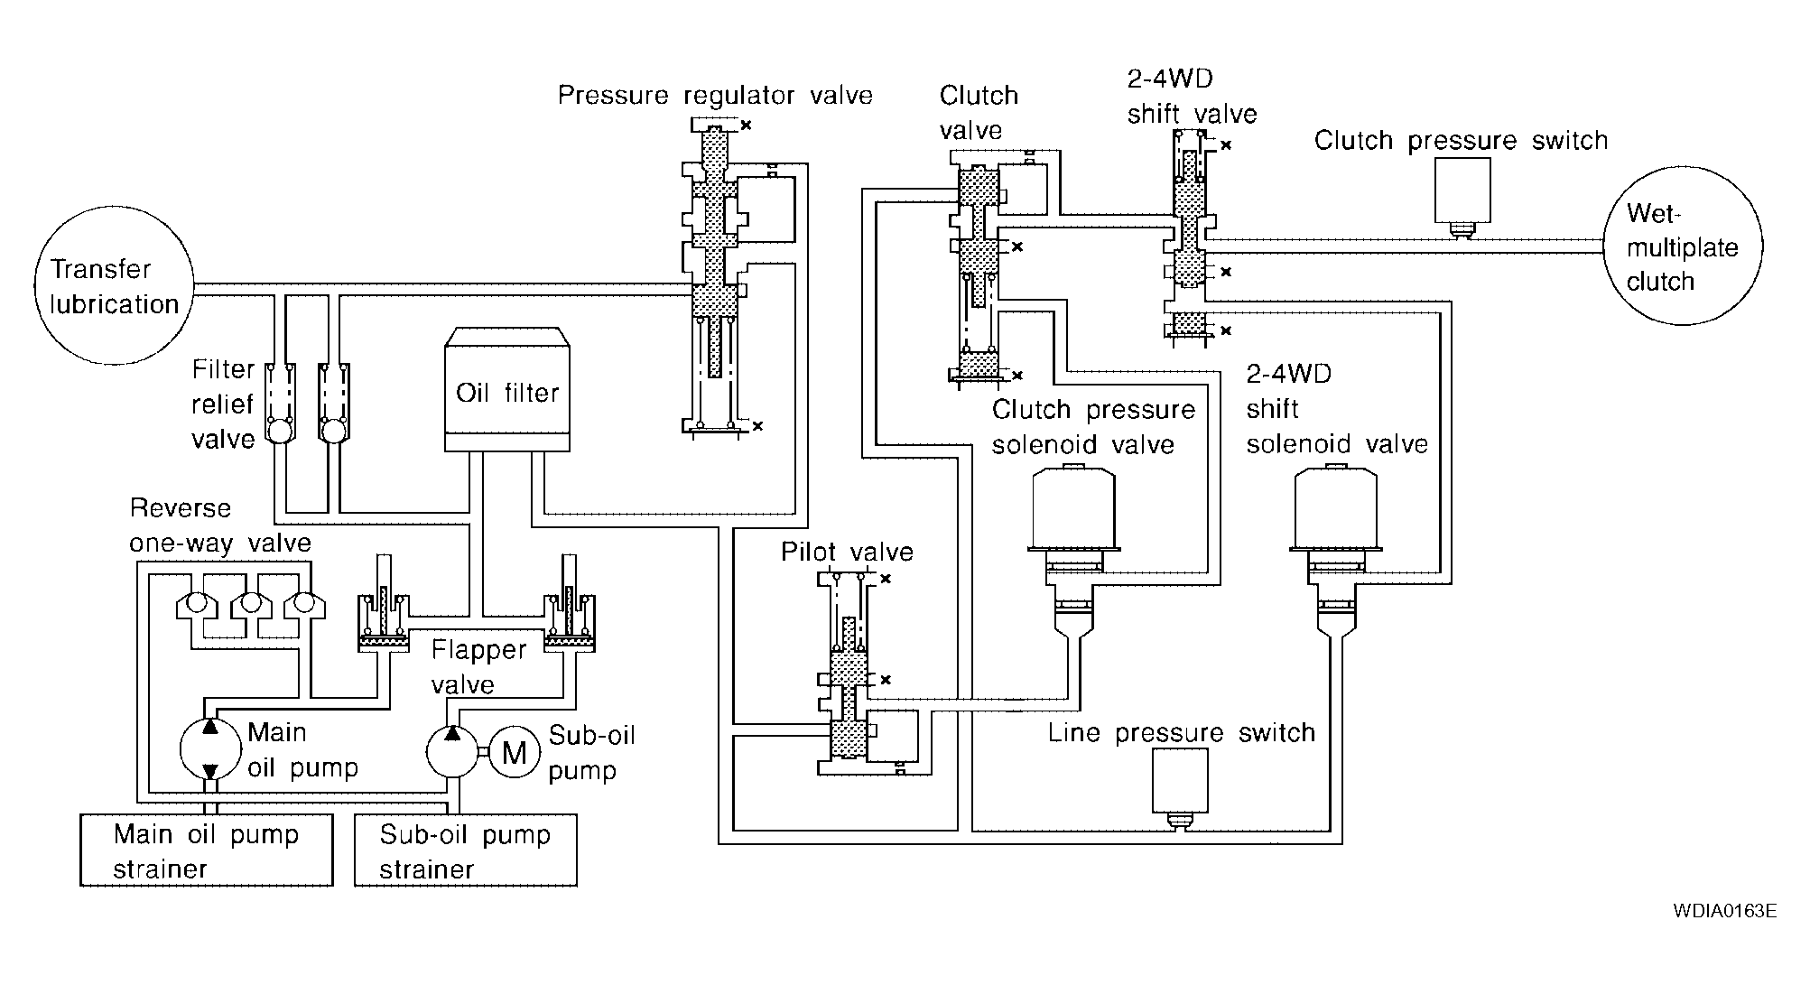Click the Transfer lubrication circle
[115, 285]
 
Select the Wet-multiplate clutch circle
[1683, 246]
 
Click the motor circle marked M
[514, 751]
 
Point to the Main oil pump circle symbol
[209, 748]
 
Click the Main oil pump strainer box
[206, 850]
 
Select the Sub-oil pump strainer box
[465, 850]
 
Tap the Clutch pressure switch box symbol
[1462, 190]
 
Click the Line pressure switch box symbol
[1180, 782]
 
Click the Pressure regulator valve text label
[715, 96]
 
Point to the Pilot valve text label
[847, 552]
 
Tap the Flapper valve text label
[478, 666]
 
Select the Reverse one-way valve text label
[219, 525]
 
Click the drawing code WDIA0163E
[1724, 911]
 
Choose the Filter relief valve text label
[223, 404]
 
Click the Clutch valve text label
[978, 113]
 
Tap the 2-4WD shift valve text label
[1192, 97]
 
